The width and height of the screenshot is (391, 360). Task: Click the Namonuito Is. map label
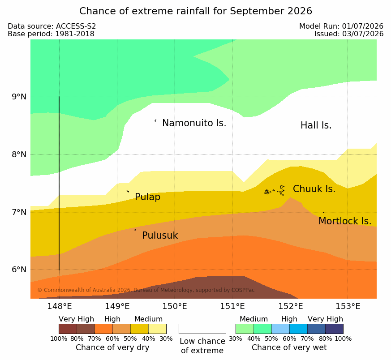pyautogui.click(x=194, y=123)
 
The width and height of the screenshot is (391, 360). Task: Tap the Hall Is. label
pyautogui.click(x=316, y=125)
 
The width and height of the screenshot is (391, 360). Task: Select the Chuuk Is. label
pyautogui.click(x=314, y=189)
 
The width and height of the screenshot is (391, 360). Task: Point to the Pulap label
pyautogui.click(x=148, y=197)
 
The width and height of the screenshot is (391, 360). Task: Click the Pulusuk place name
pyautogui.click(x=160, y=236)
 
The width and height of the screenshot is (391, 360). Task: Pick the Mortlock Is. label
pyautogui.click(x=345, y=221)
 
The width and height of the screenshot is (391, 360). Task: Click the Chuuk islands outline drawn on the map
pyautogui.click(x=275, y=191)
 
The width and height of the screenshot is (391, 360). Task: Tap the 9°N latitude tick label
pyautogui.click(x=19, y=97)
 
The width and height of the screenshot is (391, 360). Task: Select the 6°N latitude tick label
pyautogui.click(x=19, y=270)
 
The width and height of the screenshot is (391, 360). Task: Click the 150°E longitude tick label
pyautogui.click(x=175, y=306)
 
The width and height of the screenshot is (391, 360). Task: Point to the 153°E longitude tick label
pyautogui.click(x=348, y=306)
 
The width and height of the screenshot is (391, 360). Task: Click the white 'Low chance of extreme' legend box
pyautogui.click(x=202, y=329)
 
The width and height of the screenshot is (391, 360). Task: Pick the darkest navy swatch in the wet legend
pyautogui.click(x=334, y=329)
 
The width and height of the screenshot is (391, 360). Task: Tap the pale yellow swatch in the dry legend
pyautogui.click(x=157, y=329)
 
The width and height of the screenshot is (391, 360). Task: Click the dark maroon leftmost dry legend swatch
pyautogui.click(x=68, y=329)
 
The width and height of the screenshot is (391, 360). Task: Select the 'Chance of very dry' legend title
pyautogui.click(x=112, y=347)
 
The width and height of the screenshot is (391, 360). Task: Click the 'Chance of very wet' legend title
pyautogui.click(x=289, y=347)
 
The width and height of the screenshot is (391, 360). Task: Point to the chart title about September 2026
pyautogui.click(x=195, y=11)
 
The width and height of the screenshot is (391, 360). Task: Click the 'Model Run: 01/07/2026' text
pyautogui.click(x=341, y=26)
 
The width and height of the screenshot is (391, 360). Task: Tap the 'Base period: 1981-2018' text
pyautogui.click(x=51, y=34)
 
